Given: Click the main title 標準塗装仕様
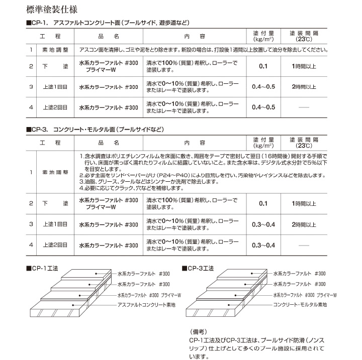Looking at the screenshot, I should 54,9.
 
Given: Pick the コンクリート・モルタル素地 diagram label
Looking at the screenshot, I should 300,305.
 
